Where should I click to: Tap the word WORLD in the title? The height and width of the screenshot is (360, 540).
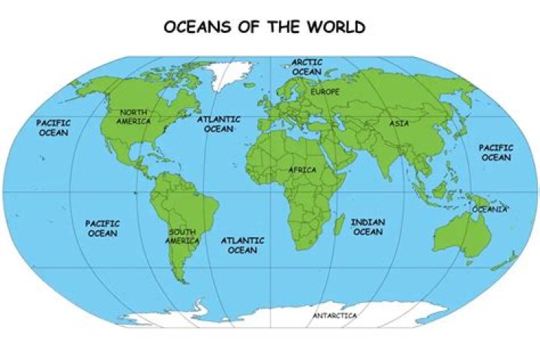[x=337, y=28]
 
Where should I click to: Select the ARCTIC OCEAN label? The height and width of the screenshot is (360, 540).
[x=306, y=67]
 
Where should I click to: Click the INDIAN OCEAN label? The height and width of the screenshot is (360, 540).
[x=367, y=227]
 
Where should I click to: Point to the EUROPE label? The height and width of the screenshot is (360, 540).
[x=325, y=91]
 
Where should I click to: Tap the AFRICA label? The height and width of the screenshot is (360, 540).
[x=302, y=170]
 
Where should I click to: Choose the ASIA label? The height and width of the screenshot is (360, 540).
[x=399, y=123]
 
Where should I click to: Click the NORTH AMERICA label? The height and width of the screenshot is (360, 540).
[x=133, y=116]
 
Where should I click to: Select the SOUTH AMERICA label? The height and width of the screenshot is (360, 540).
[x=183, y=236]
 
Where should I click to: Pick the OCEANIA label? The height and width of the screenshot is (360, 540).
[x=490, y=209]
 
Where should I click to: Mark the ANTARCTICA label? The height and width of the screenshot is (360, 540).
[x=334, y=316]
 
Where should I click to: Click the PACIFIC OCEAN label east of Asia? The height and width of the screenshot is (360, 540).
[x=496, y=153]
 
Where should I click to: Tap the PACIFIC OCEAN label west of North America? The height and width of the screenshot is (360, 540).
[x=52, y=127]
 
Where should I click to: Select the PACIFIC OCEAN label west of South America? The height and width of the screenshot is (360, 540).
[x=102, y=229]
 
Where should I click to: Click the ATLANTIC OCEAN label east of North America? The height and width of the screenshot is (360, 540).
[x=219, y=124]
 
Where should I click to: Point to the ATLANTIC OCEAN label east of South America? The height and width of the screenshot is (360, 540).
[x=242, y=245]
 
